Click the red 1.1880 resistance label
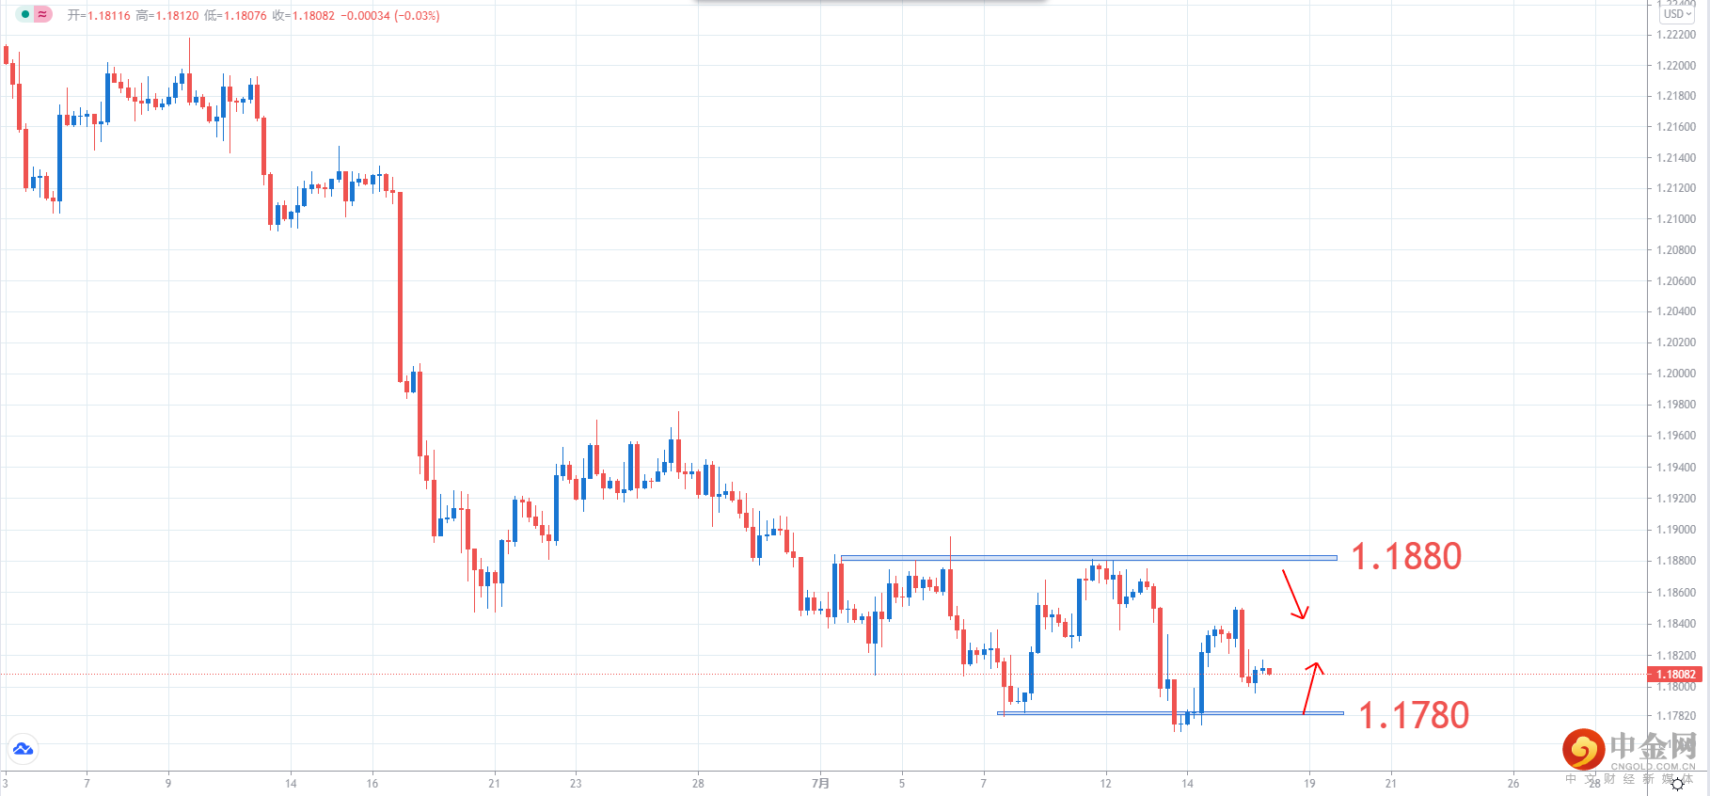1406,557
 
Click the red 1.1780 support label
1414,716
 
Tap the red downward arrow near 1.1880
1294,595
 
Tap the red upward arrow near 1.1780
1311,688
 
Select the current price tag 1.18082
1675,675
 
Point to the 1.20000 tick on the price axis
1676,374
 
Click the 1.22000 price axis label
1676,66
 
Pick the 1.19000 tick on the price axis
1676,530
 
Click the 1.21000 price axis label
1676,219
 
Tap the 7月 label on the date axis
821,783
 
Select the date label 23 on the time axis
576,783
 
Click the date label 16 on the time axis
372,783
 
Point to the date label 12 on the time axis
1106,783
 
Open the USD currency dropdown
1677,14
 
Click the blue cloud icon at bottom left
23,749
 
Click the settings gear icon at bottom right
1677,784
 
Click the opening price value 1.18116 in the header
109,16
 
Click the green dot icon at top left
25,14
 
